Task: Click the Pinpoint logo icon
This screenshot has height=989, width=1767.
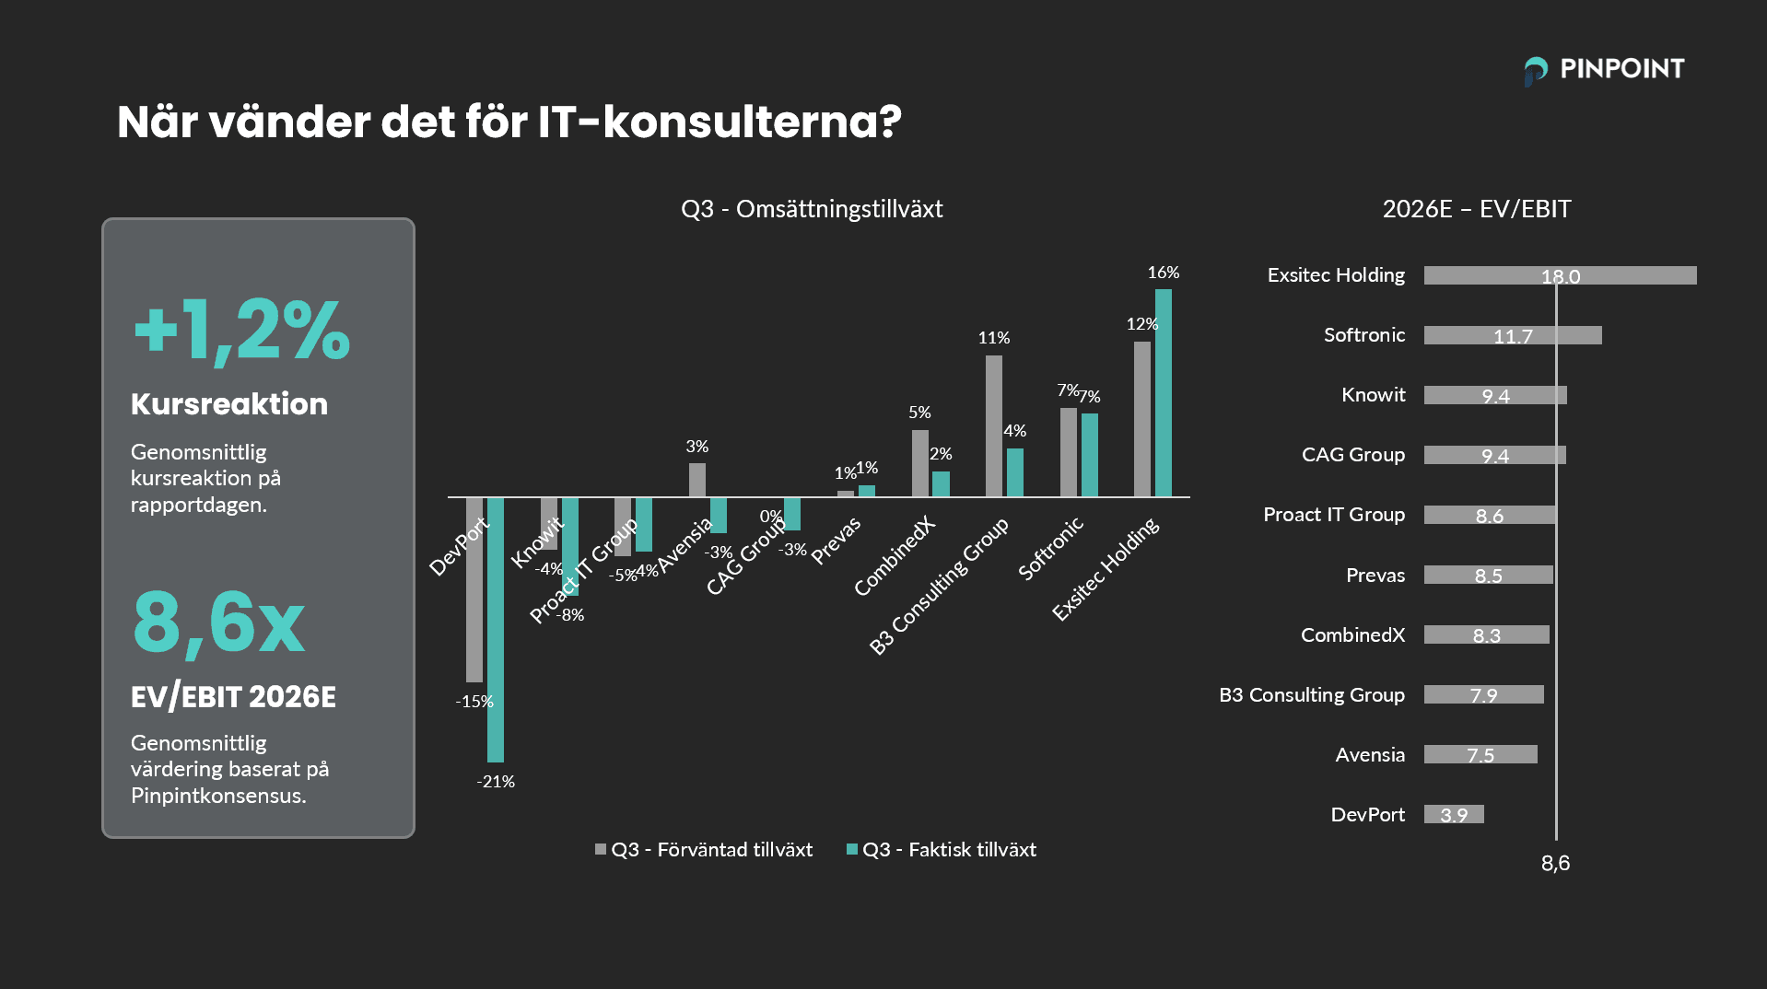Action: [x=1536, y=70]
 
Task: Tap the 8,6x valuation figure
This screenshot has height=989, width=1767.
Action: [x=218, y=622]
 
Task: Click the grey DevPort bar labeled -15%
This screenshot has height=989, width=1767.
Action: [x=474, y=589]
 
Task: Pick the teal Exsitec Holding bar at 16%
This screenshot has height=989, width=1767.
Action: [x=1164, y=393]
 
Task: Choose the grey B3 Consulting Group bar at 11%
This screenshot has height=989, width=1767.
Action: [x=994, y=426]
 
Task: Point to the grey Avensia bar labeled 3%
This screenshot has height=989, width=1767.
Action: [x=697, y=480]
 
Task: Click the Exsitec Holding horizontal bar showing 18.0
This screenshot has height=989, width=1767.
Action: [x=1560, y=275]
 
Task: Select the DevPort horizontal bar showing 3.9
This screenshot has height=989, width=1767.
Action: [x=1454, y=814]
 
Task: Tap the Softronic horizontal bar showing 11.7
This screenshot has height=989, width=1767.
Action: [x=1513, y=335]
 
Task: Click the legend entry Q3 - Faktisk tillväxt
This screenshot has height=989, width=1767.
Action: [x=942, y=850]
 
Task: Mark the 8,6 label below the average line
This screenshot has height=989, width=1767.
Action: [x=1555, y=864]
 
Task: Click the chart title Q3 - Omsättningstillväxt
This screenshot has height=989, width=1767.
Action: [x=812, y=209]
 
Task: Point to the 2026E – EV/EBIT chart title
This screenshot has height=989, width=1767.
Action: [x=1476, y=209]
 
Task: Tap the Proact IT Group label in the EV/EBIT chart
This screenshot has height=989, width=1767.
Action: [x=1333, y=515]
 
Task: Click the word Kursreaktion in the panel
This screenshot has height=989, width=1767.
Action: [x=229, y=404]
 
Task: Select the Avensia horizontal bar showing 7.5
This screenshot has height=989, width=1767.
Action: [x=1480, y=754]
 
